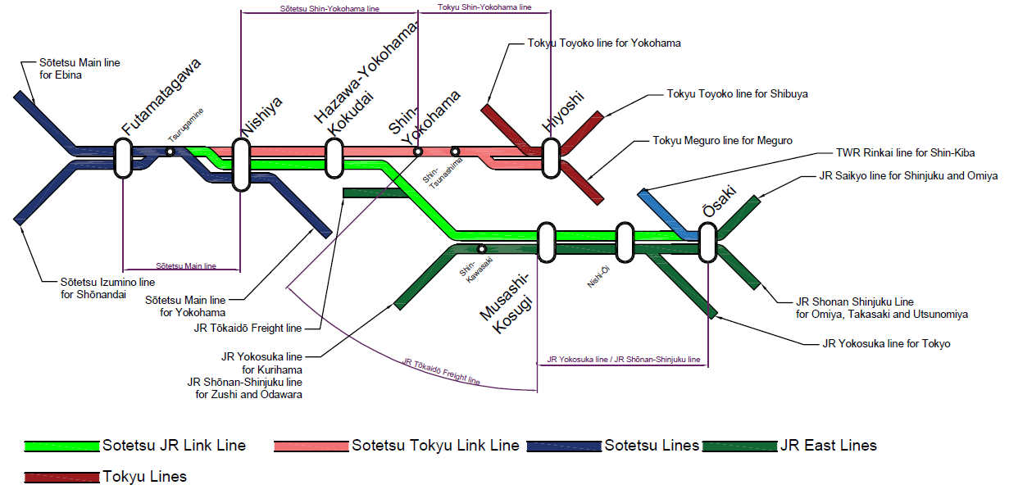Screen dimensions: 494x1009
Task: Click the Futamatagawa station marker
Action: pyautogui.click(x=124, y=158)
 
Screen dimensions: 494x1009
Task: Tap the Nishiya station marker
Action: pyautogui.click(x=241, y=164)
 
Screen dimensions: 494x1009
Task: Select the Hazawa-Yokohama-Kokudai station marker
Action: pyautogui.click(x=334, y=157)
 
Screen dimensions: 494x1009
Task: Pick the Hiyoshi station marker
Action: pyautogui.click(x=551, y=157)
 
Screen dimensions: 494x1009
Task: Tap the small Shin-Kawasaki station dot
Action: pyautogui.click(x=482, y=248)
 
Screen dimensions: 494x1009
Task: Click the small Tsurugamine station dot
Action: pyautogui.click(x=170, y=152)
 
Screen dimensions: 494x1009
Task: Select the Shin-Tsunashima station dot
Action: pyautogui.click(x=455, y=151)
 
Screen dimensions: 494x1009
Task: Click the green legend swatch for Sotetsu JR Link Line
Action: pyautogui.click(x=62, y=446)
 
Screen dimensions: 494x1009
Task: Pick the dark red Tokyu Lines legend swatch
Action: pyautogui.click(x=62, y=477)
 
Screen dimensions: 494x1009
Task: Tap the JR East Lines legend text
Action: pyautogui.click(x=829, y=446)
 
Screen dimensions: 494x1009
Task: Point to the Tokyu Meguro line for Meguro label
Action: pyautogui.click(x=722, y=141)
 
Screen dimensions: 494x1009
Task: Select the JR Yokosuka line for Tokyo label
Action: pyautogui.click(x=886, y=343)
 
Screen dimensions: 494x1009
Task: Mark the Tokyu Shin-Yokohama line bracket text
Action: pyautogui.click(x=484, y=7)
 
